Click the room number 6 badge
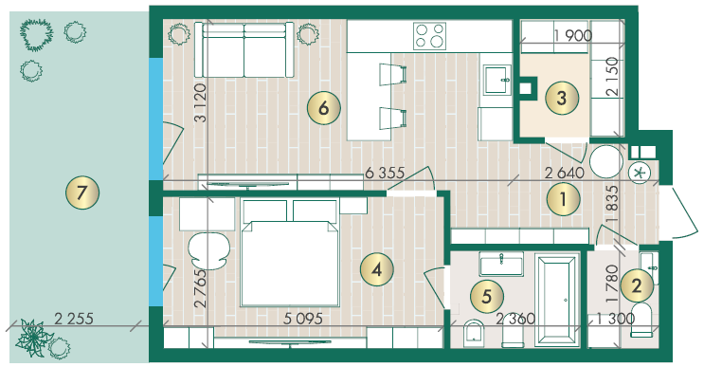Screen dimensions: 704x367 click(x=324, y=108)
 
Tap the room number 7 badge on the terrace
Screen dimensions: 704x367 click(x=82, y=193)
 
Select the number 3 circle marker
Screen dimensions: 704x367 click(x=562, y=98)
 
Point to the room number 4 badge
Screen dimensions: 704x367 click(x=377, y=269)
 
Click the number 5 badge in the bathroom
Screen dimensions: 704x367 click(x=487, y=296)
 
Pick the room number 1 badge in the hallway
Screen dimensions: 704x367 click(x=564, y=199)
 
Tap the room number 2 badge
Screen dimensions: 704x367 click(x=637, y=285)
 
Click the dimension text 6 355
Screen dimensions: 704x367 click(x=385, y=173)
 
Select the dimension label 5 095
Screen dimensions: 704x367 click(x=303, y=319)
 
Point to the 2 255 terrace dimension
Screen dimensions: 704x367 click(x=74, y=319)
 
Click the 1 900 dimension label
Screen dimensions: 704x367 click(x=573, y=35)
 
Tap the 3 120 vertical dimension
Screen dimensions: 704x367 click(x=200, y=102)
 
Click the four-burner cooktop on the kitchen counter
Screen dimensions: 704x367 click(x=429, y=36)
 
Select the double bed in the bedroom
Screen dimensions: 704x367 click(x=290, y=253)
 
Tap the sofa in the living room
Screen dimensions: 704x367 click(x=244, y=50)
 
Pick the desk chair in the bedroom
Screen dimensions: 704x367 click(x=208, y=250)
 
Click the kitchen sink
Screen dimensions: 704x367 click(x=497, y=80)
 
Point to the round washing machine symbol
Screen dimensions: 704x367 click(x=606, y=162)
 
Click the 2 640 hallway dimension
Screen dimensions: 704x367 click(x=565, y=173)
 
